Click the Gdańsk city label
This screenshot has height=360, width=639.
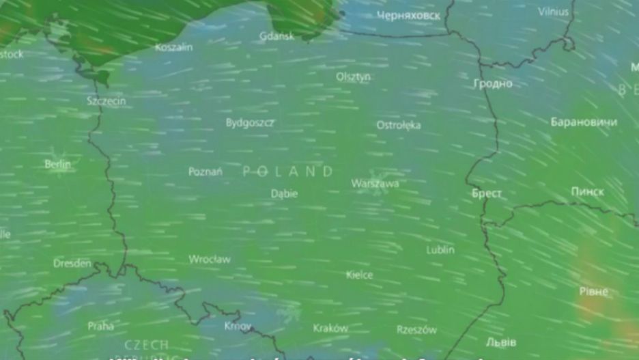pos(276,36)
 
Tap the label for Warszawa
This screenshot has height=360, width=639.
pos(375,183)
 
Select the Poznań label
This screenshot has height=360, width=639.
pos(205,171)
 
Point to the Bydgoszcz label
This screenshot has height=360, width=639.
pos(250,123)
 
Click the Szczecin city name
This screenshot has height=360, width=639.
pos(106,100)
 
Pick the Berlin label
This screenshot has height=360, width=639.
pos(57,164)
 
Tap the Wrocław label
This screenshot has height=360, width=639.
pos(210,260)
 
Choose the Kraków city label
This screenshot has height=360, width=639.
pos(330,328)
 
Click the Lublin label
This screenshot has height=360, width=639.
pos(440,250)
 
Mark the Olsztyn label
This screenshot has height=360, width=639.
pos(353,77)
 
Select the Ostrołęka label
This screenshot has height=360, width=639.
pos(399,125)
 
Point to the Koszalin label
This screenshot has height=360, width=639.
pos(173,48)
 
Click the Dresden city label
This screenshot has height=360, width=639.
pos(72,263)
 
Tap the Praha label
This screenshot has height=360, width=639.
pos(100,326)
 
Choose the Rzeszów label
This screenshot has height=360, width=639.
pos(416,329)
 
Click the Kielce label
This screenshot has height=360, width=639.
pos(359,275)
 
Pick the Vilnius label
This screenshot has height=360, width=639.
pos(553,12)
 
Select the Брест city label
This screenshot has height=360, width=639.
pos(487,193)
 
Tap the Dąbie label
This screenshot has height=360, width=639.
pos(284,193)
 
